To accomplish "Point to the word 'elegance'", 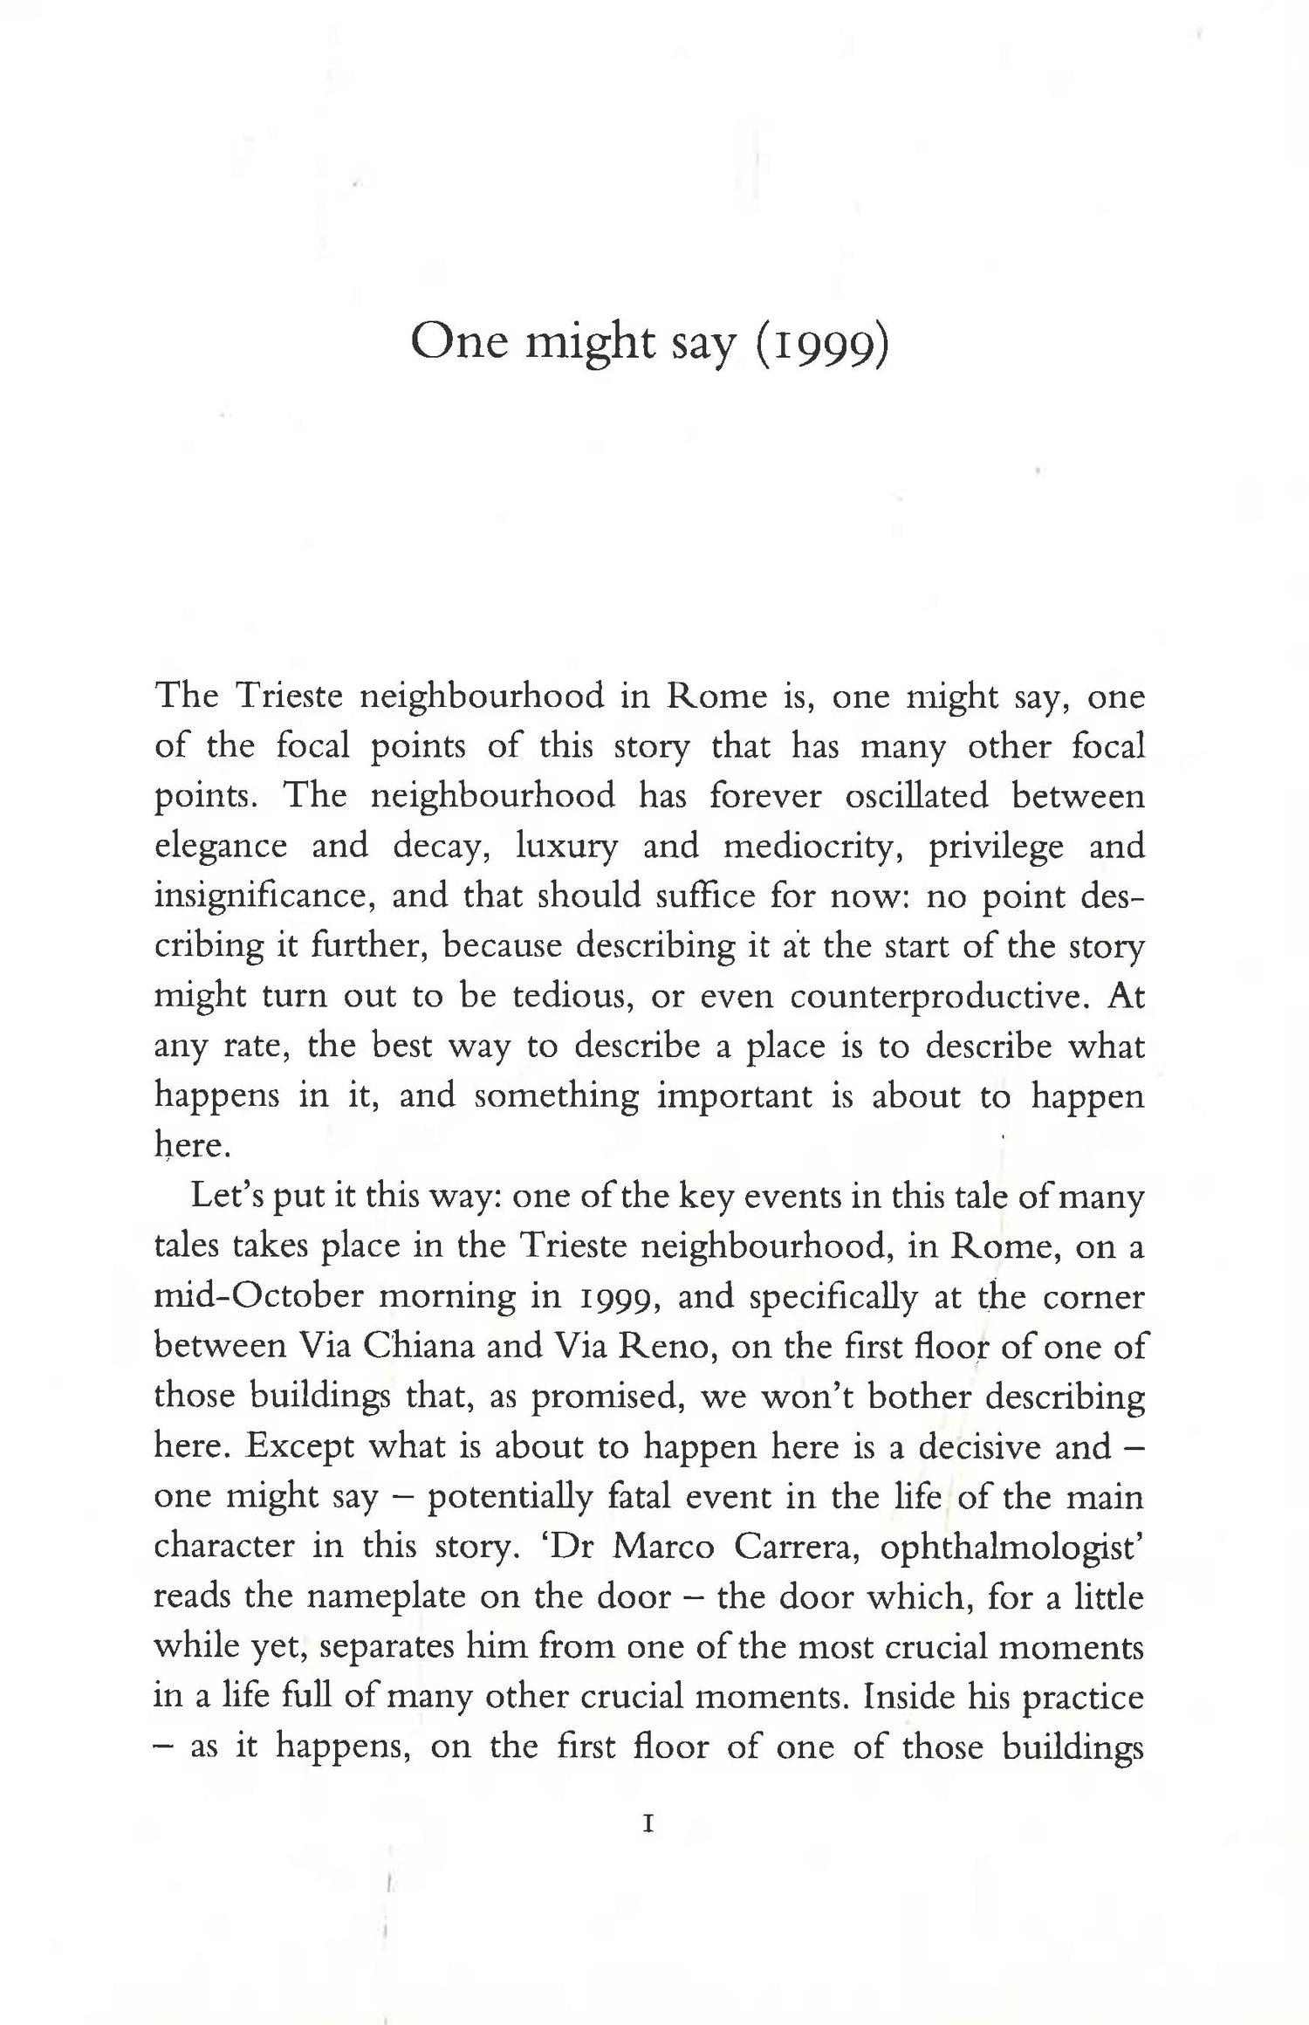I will pos(221,847).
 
